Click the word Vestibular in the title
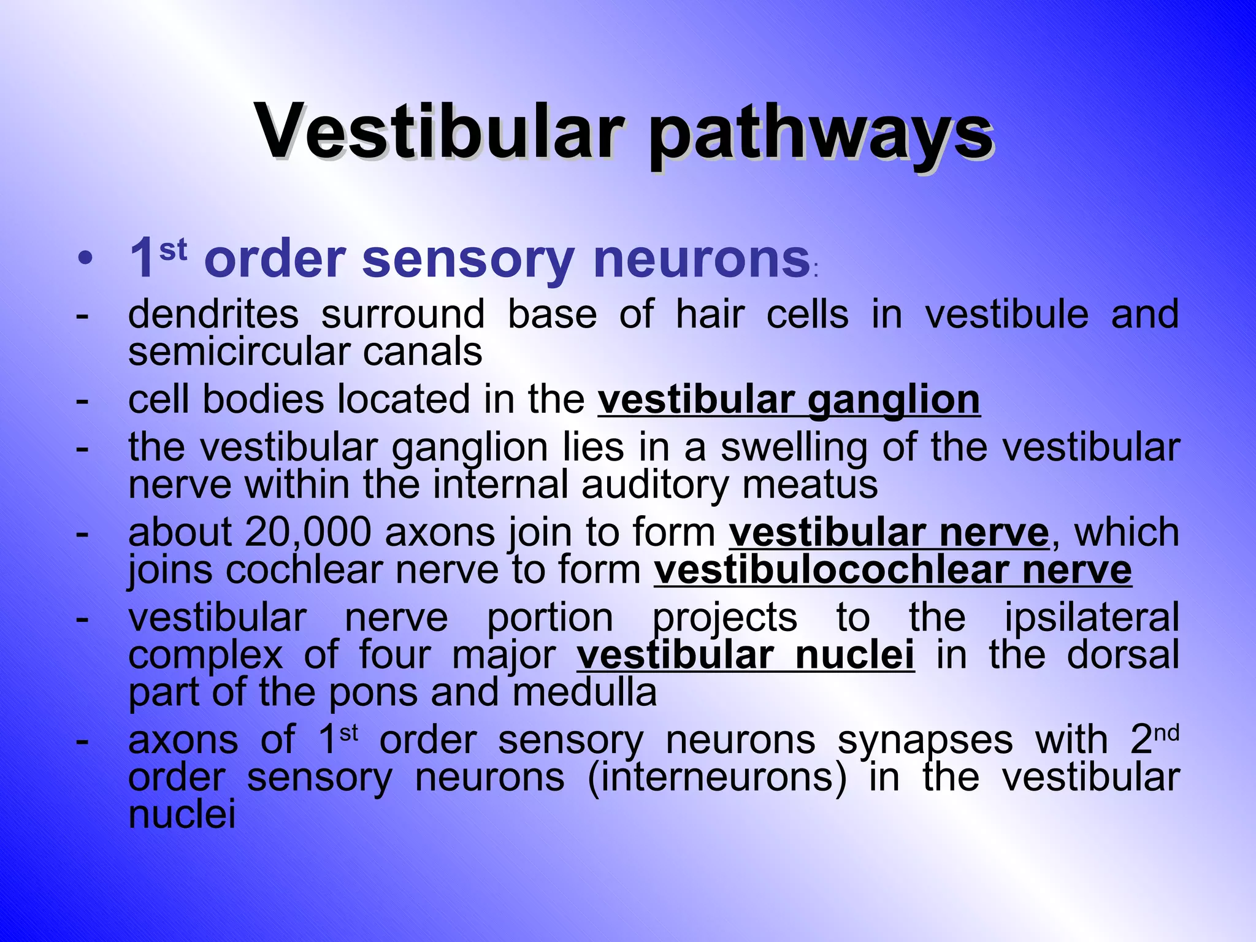440,132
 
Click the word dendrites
213,314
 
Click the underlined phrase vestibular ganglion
789,400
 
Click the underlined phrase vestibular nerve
889,532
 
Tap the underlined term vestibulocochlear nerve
892,570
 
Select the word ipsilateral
1092,618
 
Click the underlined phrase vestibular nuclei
745,655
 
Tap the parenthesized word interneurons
717,778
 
